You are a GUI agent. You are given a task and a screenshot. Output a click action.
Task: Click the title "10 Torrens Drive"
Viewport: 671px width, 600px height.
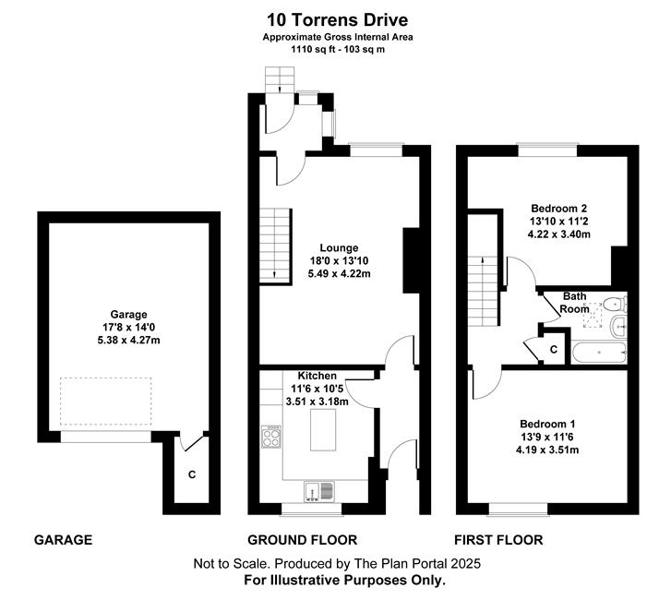tap(338, 19)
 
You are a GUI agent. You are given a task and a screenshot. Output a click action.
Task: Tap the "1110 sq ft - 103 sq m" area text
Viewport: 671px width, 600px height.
tap(338, 49)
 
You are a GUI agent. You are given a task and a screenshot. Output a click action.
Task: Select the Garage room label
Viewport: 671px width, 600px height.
tap(129, 315)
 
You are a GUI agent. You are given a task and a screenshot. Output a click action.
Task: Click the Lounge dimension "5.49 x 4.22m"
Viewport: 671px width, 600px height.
tap(340, 273)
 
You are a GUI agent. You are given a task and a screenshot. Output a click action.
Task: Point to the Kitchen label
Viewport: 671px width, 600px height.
tap(318, 376)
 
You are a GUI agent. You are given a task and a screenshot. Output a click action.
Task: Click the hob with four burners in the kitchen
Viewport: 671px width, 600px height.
tap(270, 436)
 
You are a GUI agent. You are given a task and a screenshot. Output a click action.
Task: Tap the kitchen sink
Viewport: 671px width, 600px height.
tap(318, 491)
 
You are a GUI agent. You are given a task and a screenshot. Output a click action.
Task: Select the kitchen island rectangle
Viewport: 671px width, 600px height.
tap(323, 429)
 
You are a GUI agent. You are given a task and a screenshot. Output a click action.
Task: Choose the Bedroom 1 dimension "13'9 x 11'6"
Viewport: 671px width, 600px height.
tap(547, 437)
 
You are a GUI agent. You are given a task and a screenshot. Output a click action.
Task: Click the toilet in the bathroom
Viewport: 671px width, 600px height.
tap(616, 304)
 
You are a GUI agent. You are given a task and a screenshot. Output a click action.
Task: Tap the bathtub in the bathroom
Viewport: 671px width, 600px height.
tap(599, 353)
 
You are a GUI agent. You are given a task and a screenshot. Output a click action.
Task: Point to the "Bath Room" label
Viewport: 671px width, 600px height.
tap(574, 303)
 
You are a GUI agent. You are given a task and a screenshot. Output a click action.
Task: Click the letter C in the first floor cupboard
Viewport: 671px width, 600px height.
tap(554, 350)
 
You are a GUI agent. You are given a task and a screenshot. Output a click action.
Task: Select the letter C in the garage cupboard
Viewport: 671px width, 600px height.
tap(192, 474)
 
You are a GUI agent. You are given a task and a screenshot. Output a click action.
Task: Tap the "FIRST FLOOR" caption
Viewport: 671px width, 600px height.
tap(498, 540)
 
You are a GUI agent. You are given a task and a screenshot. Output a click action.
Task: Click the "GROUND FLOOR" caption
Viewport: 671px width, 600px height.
tap(303, 540)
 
